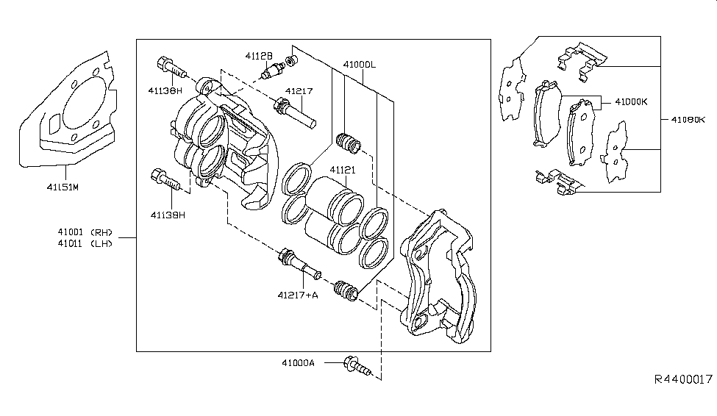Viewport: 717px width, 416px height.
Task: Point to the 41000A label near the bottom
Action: [318, 362]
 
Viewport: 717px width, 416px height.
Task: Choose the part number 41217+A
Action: [298, 296]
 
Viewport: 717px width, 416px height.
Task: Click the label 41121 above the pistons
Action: [343, 170]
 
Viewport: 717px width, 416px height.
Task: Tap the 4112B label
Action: [259, 56]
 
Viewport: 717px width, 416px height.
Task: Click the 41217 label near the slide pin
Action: [299, 91]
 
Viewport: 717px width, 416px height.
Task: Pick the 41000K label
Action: [631, 103]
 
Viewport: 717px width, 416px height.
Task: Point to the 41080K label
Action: [688, 118]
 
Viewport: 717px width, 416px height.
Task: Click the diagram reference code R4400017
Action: [683, 379]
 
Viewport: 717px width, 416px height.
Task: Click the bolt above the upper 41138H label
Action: [168, 65]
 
